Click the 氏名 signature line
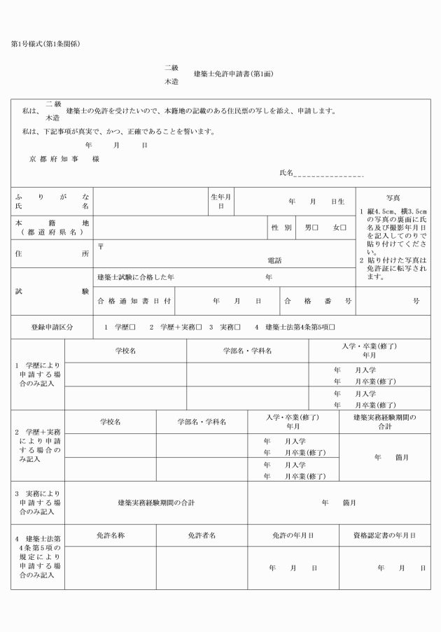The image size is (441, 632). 328,173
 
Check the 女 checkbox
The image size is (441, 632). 343,227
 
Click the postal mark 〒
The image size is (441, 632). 101,246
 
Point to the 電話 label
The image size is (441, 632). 274,260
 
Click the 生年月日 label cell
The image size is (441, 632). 221,202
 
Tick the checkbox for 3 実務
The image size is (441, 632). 238,327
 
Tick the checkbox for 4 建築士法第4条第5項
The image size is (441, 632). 332,327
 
